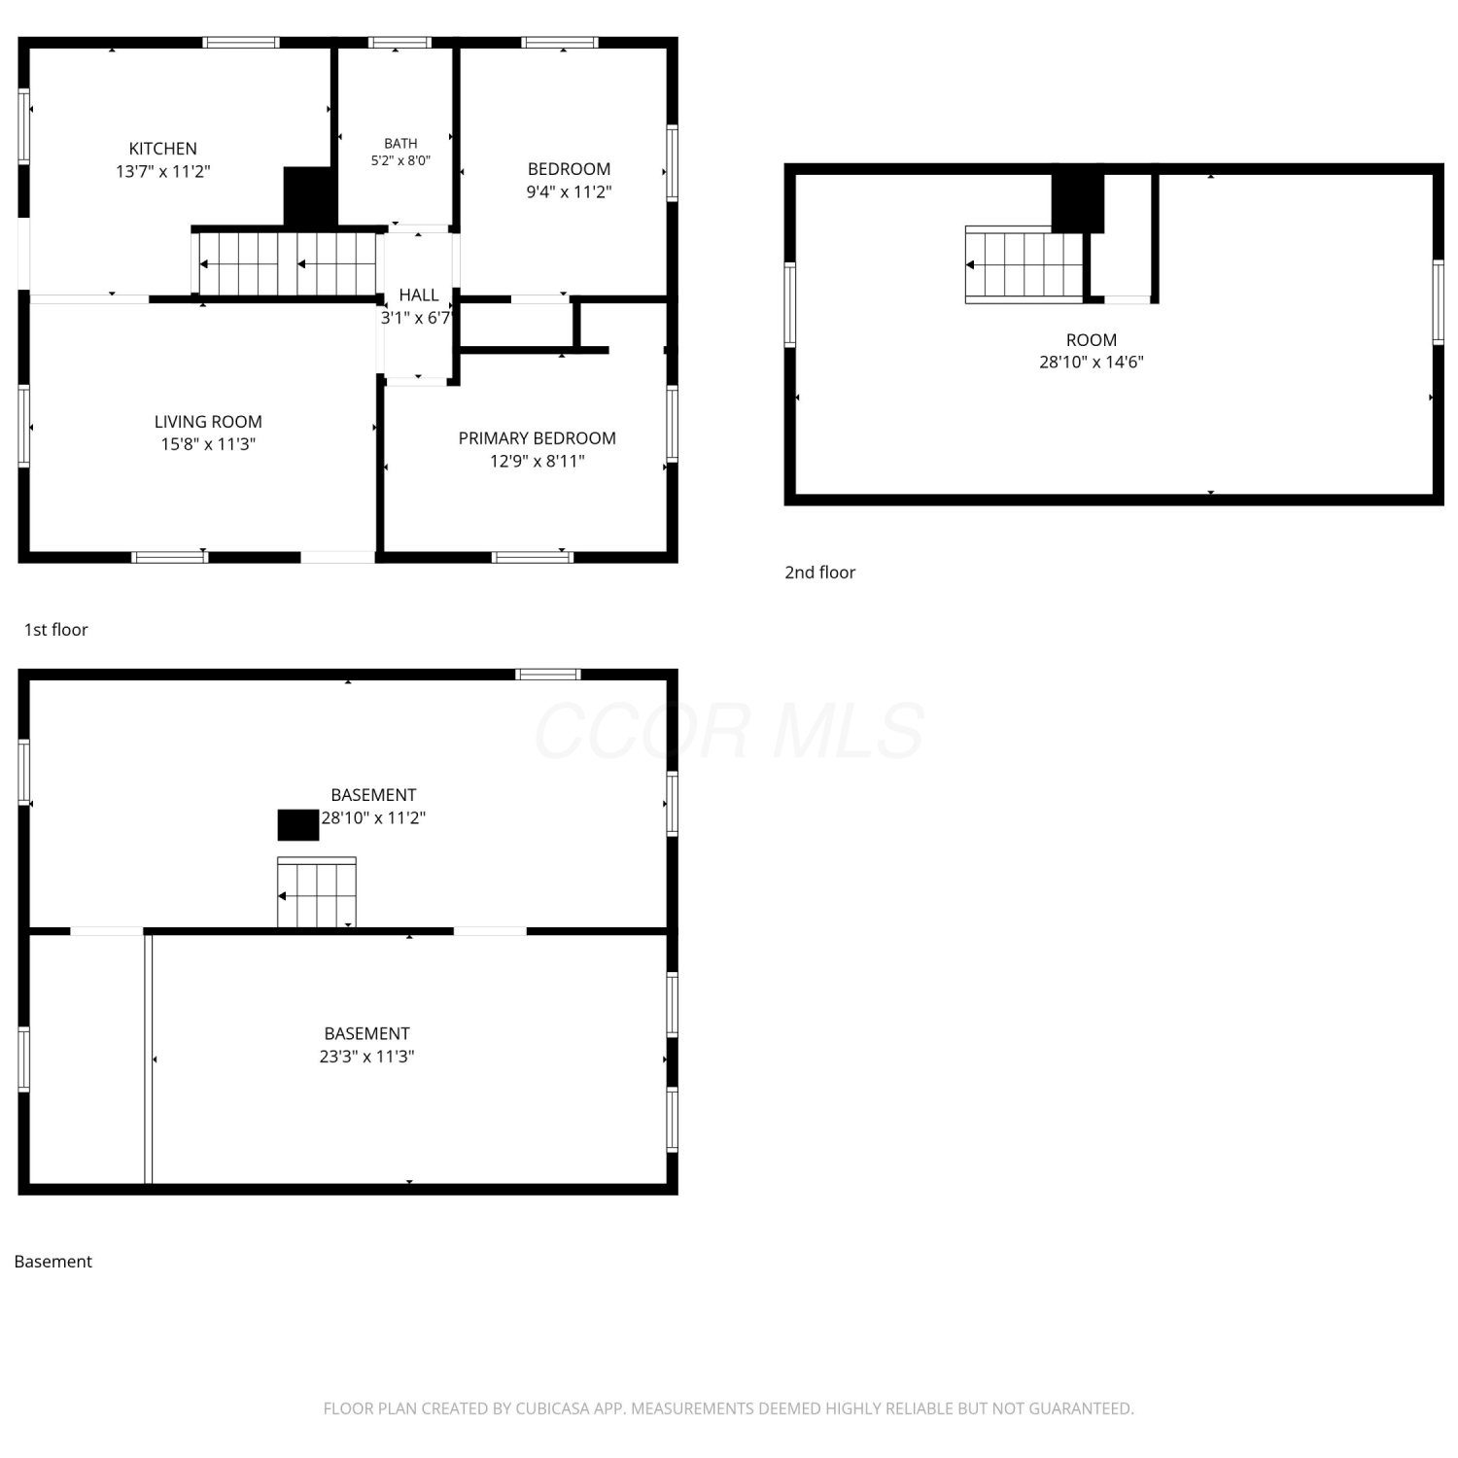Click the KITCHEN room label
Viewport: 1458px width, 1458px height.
pos(163,149)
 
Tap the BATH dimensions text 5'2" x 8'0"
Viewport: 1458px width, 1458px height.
pos(400,160)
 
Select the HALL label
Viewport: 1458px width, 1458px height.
pos(419,295)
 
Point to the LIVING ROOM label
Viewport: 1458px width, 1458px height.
pos(208,422)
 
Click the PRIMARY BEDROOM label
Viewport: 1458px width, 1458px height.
pos(538,438)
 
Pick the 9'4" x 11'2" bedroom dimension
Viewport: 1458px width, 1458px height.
pos(569,191)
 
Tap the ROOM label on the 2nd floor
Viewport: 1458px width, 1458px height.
pos(1092,340)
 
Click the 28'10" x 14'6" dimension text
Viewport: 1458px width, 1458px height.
pos(1092,363)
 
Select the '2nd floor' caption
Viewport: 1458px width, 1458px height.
pos(820,573)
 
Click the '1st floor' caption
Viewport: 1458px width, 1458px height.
pos(56,630)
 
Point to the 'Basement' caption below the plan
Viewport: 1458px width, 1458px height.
pos(53,1262)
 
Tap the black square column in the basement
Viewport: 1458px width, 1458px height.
pos(298,824)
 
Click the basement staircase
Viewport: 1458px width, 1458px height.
pos(317,892)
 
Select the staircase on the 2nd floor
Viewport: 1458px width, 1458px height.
pos(1024,264)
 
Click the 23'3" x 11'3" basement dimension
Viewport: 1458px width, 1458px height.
pos(366,1057)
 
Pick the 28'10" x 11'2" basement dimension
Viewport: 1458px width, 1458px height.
pos(373,817)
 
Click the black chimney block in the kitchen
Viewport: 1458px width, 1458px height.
pos(310,196)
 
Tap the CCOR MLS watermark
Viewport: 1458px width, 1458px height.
pos(729,731)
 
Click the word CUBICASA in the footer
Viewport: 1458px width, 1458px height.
pos(553,1408)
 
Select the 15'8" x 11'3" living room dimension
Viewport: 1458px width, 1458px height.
pos(208,444)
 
